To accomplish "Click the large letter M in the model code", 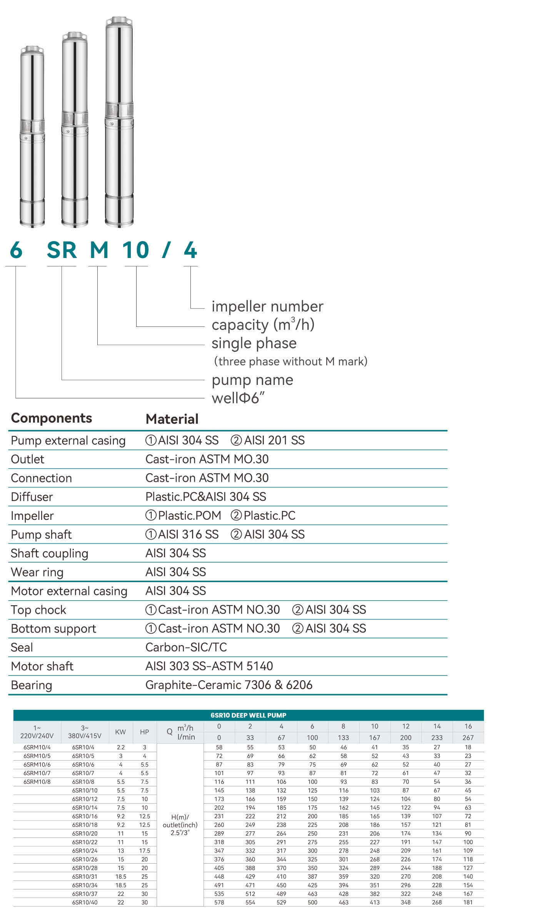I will (x=99, y=250).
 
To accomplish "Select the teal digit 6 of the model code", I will (x=16, y=250).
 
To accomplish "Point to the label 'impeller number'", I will (x=267, y=306).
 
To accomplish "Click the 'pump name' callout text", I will (x=252, y=380).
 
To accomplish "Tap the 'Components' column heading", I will (x=52, y=418).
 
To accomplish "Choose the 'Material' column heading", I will (x=172, y=419).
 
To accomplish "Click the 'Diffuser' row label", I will (x=32, y=497).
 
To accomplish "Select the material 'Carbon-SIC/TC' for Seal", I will (x=186, y=647).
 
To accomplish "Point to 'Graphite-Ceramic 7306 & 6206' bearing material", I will (x=229, y=685).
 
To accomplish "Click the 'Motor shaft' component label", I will (x=42, y=666).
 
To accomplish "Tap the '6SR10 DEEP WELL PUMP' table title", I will (x=249, y=715).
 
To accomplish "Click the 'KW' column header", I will (x=120, y=732).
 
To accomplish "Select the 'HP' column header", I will (x=144, y=732).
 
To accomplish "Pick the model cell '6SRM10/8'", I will (x=37, y=782).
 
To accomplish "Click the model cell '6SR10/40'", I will (x=85, y=902).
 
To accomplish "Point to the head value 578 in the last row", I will (x=219, y=902).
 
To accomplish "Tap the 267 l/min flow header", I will (x=468, y=738).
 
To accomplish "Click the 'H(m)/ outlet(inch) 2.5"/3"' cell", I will (x=180, y=825).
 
